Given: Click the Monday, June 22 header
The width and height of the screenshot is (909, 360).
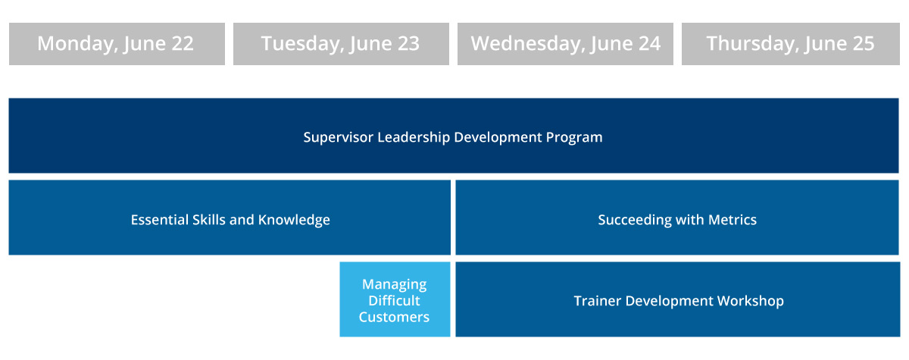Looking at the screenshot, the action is coord(117,44).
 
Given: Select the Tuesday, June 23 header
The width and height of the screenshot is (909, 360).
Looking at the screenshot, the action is coord(341,44).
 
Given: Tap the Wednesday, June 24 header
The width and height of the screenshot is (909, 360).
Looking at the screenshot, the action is coord(565,44).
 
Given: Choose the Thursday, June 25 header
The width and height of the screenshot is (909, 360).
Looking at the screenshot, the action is coord(791,44).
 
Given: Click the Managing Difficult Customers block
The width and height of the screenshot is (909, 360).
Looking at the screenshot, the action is coord(395,299).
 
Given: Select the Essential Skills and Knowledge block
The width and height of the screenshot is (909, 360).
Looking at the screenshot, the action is coord(230,218).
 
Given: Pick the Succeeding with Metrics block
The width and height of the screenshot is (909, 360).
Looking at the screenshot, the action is coord(677,218).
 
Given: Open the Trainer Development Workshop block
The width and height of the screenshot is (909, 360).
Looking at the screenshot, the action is coord(678,299).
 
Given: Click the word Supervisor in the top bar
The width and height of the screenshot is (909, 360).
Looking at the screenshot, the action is coord(338,138).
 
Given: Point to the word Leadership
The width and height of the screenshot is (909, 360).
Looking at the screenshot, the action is coord(414,138).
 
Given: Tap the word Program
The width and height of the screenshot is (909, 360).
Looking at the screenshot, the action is coord(574,138).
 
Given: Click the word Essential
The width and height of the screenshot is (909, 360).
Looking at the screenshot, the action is coord(159,220).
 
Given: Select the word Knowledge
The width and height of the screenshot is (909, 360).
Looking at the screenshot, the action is coord(294,220).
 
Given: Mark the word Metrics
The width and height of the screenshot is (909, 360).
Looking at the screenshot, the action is coord(732,220).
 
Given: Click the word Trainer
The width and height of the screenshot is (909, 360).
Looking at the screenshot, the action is coord(598,301).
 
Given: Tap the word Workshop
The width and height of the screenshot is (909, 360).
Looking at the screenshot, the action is coord(751,301).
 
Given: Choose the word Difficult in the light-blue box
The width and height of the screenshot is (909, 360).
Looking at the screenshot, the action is coord(394,301).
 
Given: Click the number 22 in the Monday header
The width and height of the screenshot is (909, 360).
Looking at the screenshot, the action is coord(183,43).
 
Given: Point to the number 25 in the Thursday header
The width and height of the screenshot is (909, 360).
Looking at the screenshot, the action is coord(863,43).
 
